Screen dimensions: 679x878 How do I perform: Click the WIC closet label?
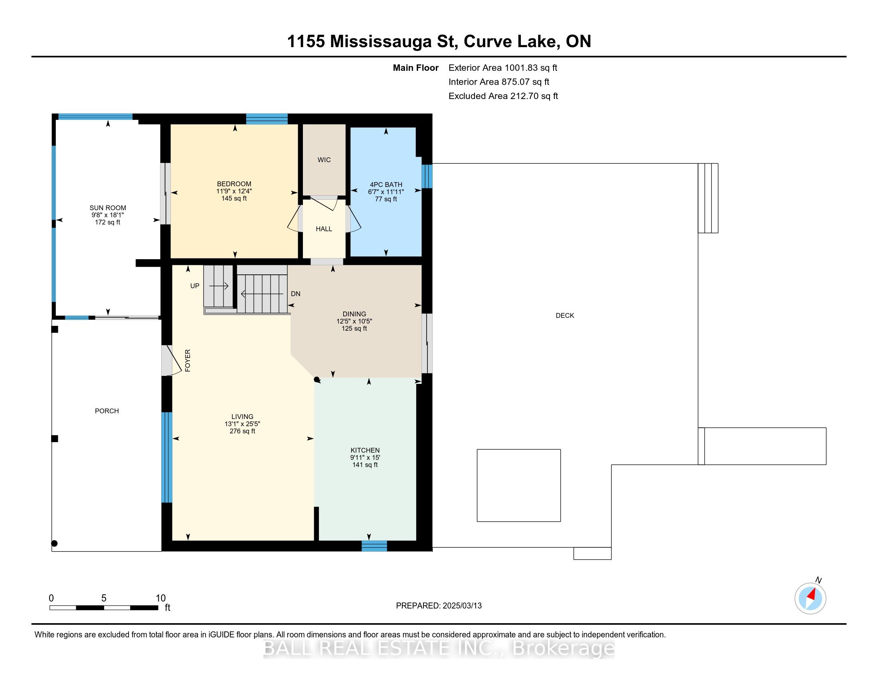324,160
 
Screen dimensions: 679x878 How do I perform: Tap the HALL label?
324,229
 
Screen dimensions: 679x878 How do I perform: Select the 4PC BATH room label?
386,185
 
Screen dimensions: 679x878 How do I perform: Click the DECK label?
564,316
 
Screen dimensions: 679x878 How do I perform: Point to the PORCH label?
107,411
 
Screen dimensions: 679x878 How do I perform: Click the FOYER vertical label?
188,360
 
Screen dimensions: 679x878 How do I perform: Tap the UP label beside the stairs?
195,286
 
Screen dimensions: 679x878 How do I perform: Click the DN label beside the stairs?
295,294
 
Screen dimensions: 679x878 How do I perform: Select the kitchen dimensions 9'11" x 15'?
365,457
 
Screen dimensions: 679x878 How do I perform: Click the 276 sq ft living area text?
242,431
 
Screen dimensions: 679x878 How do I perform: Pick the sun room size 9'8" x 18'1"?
107,215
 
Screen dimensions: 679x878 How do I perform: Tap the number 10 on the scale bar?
160,598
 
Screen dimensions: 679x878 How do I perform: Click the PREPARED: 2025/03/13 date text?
439,606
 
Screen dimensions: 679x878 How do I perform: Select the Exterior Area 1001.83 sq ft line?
502,68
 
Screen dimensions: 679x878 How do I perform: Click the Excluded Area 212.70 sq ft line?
503,96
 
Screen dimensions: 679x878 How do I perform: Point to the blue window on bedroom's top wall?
267,119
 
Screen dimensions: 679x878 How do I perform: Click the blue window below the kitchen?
374,546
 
